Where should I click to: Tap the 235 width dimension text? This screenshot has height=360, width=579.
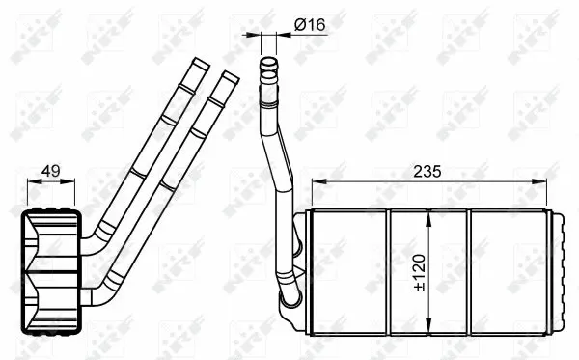pyautogui.click(x=427, y=172)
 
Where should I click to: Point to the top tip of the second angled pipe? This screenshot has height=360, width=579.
pyautogui.click(x=229, y=73)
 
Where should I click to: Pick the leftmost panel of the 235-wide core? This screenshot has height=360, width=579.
pyautogui.click(x=347, y=265)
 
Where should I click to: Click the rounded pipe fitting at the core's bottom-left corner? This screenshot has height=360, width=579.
pyautogui.click(x=292, y=307)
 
